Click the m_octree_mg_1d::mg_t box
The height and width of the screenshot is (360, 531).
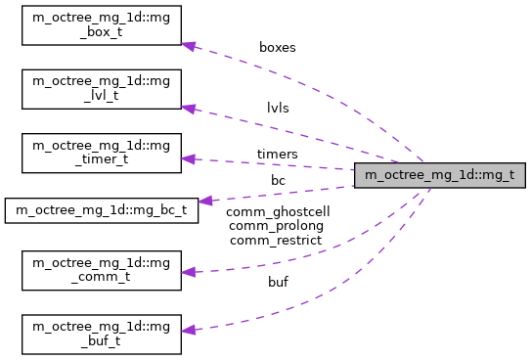pos(440,176)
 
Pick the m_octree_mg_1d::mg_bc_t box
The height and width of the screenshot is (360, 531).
pos(102,209)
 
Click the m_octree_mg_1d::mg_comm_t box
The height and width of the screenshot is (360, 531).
pos(102,269)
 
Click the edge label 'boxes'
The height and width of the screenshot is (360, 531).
pos(278,46)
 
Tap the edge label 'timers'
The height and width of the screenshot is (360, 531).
pos(278,154)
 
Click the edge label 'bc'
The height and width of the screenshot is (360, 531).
pos(278,181)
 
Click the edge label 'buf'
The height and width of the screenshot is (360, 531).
pos(278,282)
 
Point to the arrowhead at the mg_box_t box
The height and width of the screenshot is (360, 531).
pos(189,46)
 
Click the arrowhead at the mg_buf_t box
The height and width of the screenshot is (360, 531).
pos(189,330)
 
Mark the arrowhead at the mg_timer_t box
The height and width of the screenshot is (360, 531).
pos(189,158)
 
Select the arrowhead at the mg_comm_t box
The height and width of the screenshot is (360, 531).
pos(189,273)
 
